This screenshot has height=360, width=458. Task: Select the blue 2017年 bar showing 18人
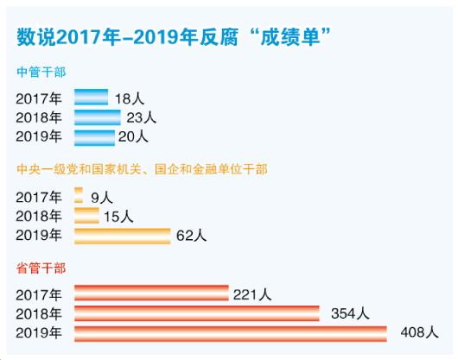click(91, 97)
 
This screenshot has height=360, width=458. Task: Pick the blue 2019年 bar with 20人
click(94, 136)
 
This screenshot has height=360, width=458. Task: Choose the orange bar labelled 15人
click(86, 215)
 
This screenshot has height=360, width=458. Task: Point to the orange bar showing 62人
click(122, 235)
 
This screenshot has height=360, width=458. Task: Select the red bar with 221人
click(151, 294)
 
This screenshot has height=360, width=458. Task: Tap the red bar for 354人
click(196, 313)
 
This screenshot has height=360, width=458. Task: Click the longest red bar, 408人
click(231, 332)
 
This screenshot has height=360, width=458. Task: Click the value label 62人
click(192, 235)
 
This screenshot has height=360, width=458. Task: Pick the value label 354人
click(349, 313)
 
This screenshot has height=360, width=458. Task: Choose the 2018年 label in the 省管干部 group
click(39, 313)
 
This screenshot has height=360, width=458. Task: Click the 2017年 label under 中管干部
click(39, 98)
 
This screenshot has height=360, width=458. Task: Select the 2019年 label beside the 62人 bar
click(39, 235)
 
